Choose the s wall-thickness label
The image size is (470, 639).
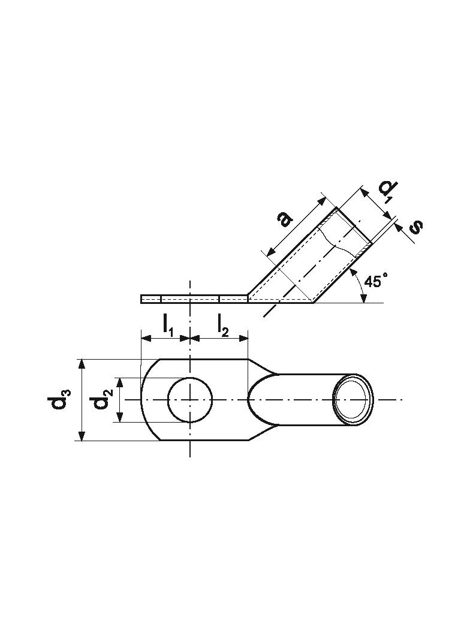pyautogui.click(x=415, y=227)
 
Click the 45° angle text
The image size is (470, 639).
pyautogui.click(x=375, y=281)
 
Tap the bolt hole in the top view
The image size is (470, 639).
pyautogui.click(x=190, y=400)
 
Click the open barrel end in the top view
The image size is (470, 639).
pyautogui.click(x=352, y=400)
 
